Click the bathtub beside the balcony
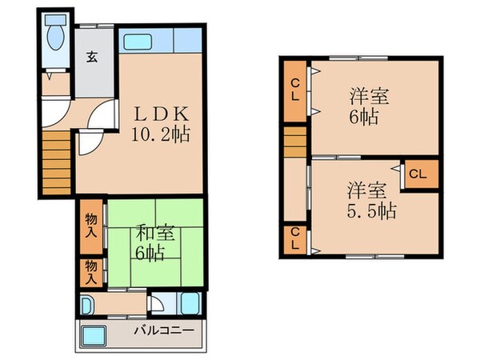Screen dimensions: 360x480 click(190, 305)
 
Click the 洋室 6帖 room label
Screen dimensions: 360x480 click(369, 106)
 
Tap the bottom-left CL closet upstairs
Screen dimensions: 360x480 click(295, 238)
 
